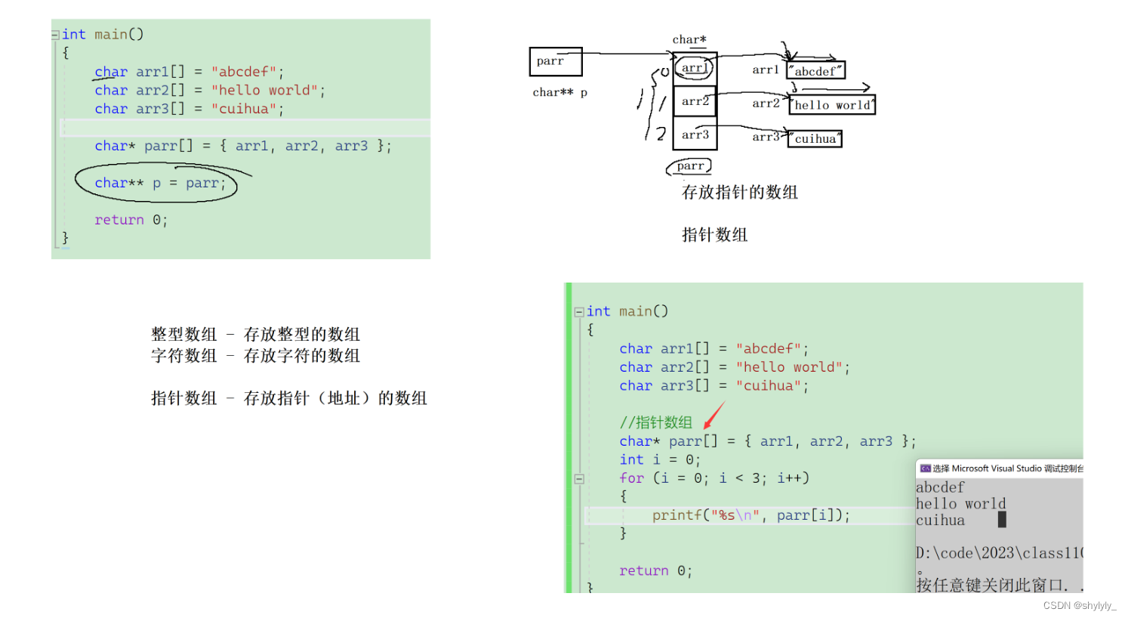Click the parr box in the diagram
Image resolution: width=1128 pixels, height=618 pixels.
[x=556, y=61]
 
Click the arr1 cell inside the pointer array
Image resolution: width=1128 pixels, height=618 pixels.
[x=695, y=68]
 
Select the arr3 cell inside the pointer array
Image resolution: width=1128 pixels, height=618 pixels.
[x=695, y=134]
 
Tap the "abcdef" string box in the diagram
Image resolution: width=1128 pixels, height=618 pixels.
[x=815, y=71]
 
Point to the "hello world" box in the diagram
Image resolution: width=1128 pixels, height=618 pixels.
[x=832, y=105]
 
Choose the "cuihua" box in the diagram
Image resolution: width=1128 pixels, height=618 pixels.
[x=815, y=139]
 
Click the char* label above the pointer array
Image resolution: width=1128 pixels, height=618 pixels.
[x=689, y=39]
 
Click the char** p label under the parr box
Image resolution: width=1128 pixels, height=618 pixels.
[x=559, y=92]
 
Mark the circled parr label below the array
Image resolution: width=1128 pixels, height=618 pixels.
[x=690, y=166]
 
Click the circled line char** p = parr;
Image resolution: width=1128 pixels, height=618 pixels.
[x=159, y=183]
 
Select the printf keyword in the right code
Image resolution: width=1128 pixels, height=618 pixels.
[x=676, y=515]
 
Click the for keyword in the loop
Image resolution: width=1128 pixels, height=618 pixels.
[x=631, y=478]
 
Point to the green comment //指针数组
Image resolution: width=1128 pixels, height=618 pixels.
[x=655, y=422]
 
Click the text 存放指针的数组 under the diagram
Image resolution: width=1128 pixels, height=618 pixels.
[x=739, y=193]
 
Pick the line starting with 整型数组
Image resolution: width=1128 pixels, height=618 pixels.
[x=255, y=334]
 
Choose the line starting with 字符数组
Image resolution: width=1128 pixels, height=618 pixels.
[x=255, y=356]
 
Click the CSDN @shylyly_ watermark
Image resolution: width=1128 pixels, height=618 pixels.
[x=1079, y=606]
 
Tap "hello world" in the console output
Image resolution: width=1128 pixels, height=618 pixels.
[x=960, y=504]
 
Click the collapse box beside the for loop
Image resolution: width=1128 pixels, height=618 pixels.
[x=579, y=478]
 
